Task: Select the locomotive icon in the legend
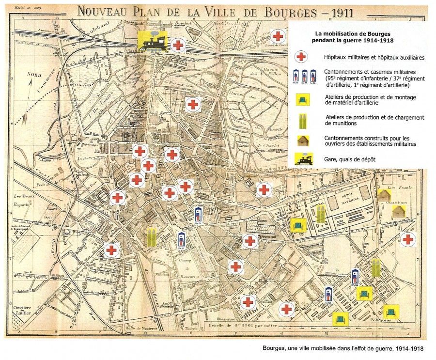pyautogui.click(x=301, y=159)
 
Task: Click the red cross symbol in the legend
pyautogui.click(x=301, y=57)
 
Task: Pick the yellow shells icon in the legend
pyautogui.click(x=301, y=120)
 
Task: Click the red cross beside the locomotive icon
pyautogui.click(x=178, y=46)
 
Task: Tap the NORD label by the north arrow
pyautogui.click(x=33, y=75)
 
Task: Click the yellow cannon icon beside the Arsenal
pyautogui.click(x=297, y=224)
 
